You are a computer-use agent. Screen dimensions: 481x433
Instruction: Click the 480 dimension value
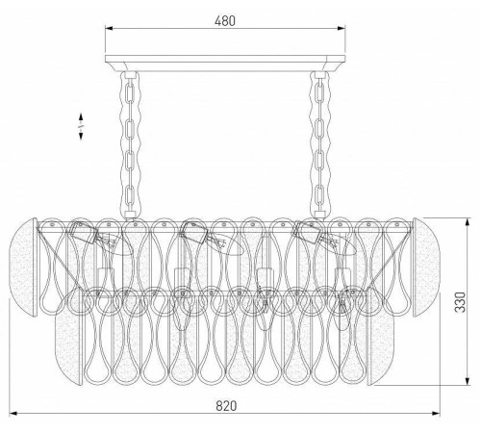pyautogui.click(x=225, y=21)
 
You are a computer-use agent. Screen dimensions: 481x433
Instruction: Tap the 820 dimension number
pyautogui.click(x=226, y=406)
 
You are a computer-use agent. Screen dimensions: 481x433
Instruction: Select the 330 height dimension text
pyautogui.click(x=461, y=302)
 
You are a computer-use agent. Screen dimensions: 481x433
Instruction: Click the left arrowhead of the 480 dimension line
pyautogui.click(x=109, y=28)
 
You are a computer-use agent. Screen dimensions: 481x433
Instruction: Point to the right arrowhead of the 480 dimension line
pyautogui.click(x=342, y=28)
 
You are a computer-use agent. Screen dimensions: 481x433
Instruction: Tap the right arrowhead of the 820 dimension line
pyautogui.click(x=436, y=414)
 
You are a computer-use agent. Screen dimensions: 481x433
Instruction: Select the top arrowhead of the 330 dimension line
pyautogui.click(x=468, y=221)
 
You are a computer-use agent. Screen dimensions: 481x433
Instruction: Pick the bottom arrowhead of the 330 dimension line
pyautogui.click(x=468, y=381)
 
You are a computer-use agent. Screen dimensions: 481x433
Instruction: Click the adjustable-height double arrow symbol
pyautogui.click(x=81, y=126)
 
